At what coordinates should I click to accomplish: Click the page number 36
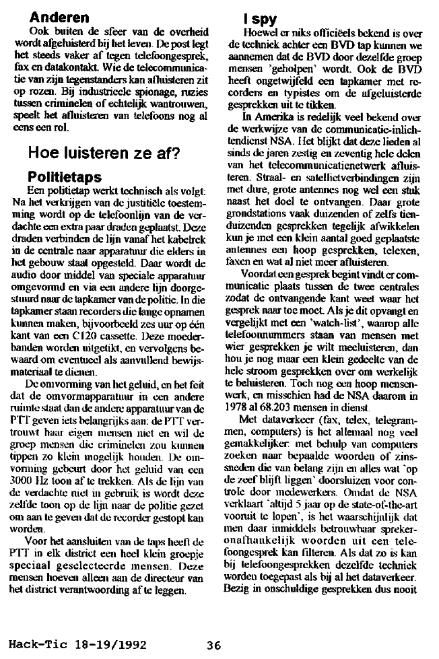pyautogui.click(x=214, y=644)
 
